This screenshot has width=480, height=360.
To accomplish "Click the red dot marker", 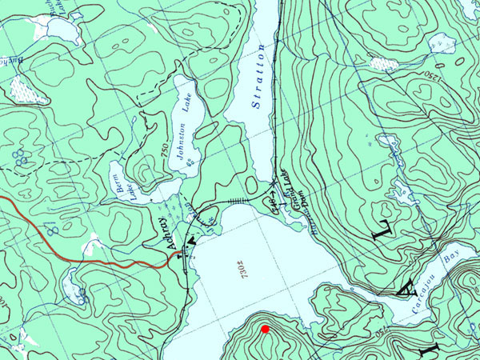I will point(265,329).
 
